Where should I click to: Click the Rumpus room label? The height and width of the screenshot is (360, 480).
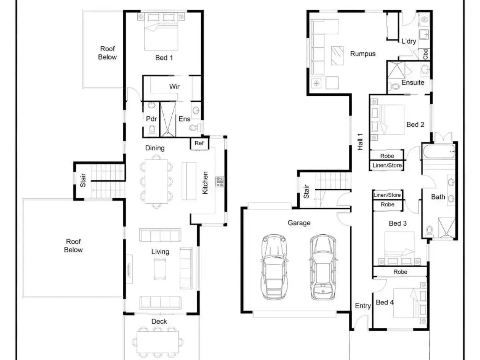[363, 54]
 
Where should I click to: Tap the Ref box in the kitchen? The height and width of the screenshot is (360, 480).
[199, 143]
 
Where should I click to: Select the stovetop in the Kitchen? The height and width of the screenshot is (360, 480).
[220, 182]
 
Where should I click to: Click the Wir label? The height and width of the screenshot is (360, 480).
[174, 87]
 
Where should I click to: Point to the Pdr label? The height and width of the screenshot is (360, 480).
[151, 119]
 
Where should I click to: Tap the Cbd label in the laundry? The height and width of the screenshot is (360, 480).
[425, 54]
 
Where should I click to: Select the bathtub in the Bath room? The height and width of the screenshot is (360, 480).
[439, 151]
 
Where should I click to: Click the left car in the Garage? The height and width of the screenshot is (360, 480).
[274, 267]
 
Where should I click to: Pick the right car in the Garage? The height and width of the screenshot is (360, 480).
[323, 267]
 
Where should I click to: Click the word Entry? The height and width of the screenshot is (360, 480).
[363, 306]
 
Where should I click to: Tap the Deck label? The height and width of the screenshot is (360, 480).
[159, 322]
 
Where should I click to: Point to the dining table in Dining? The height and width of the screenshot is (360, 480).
[156, 181]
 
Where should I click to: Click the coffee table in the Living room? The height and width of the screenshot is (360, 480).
[160, 269]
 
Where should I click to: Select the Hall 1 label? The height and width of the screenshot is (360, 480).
[360, 142]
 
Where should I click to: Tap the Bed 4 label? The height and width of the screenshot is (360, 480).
[385, 303]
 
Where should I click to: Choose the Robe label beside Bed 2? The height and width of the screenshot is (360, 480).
[387, 156]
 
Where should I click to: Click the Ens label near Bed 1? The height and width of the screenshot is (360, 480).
[184, 119]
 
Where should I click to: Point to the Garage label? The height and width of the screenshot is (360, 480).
[299, 223]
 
